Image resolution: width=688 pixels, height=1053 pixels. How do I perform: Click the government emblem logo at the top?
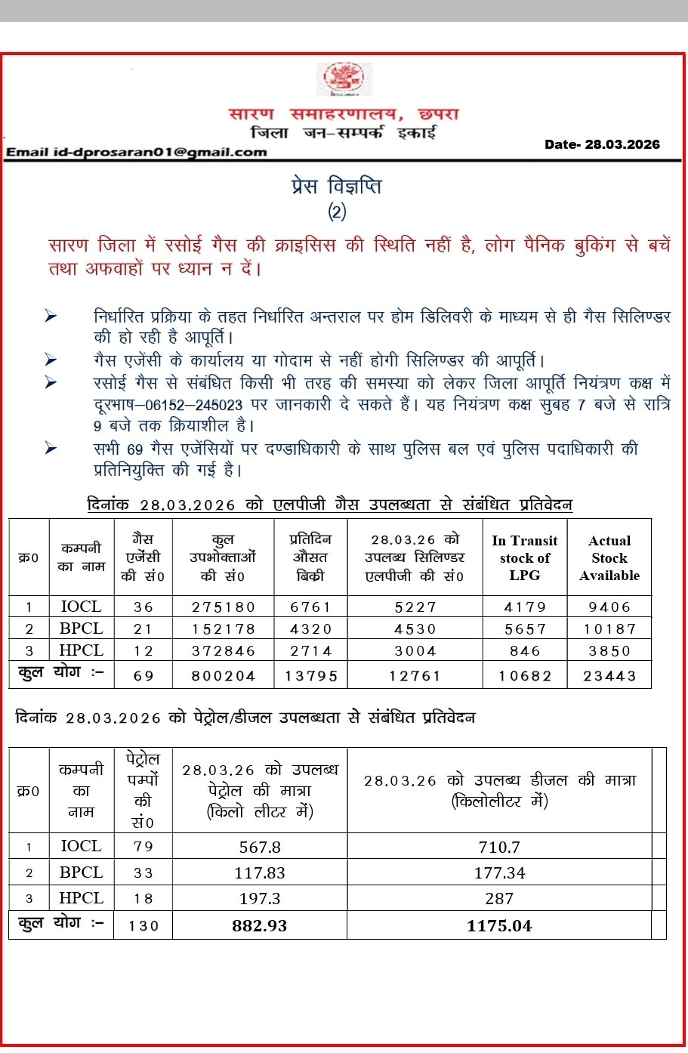click(344, 79)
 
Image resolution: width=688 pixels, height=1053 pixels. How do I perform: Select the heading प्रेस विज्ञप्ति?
click(337, 186)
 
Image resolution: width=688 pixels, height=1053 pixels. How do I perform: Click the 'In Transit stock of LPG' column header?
click(524, 557)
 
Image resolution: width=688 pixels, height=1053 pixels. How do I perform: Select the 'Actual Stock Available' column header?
click(609, 557)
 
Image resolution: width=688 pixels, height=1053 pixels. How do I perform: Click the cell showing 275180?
click(223, 607)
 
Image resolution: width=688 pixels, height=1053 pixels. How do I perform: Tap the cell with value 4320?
click(310, 628)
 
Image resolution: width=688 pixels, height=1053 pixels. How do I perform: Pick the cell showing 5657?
click(525, 628)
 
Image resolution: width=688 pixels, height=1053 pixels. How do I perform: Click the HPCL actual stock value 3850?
click(609, 650)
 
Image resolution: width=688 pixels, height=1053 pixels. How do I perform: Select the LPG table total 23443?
click(609, 676)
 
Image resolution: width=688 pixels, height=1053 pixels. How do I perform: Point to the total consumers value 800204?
click(223, 676)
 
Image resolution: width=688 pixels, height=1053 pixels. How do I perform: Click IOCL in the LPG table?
click(81, 607)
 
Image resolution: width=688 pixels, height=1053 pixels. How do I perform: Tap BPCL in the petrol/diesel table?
click(81, 872)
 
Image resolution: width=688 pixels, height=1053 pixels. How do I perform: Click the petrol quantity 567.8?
click(260, 847)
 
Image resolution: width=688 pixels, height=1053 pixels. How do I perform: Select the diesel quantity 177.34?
click(499, 873)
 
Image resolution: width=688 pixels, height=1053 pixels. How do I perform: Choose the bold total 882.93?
click(260, 925)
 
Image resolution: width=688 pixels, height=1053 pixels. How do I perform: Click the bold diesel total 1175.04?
click(499, 925)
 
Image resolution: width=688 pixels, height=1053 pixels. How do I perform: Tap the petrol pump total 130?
click(143, 925)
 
